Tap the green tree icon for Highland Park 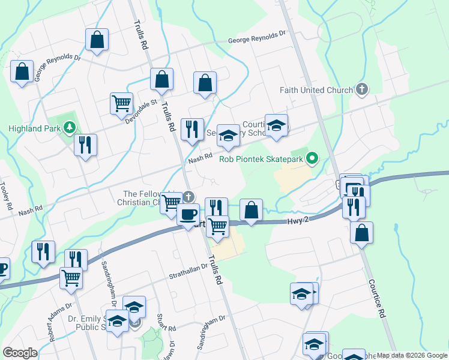click(x=70, y=127)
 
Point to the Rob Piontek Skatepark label click(x=262, y=159)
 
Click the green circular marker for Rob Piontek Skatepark click(x=312, y=159)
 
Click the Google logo click(x=20, y=353)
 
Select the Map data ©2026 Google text click(x=412, y=355)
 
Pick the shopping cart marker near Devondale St click(x=122, y=104)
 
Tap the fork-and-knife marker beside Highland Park click(x=86, y=145)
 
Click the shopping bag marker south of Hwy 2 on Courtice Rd click(x=361, y=233)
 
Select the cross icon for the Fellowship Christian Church click(x=188, y=197)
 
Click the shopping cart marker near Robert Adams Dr click(x=71, y=278)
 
